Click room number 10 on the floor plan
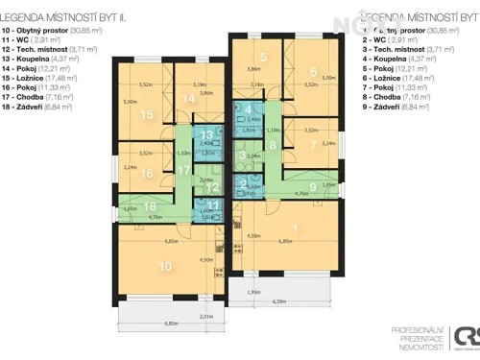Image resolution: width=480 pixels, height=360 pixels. tap(166, 265)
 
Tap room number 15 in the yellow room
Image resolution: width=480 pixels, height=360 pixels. tap(147, 114)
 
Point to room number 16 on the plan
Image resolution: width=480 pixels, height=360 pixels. tap(146, 173)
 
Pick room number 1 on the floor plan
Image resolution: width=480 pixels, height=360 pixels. tap(295, 227)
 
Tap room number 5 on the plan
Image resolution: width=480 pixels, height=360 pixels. tap(262, 58)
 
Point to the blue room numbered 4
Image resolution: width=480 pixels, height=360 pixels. tap(248, 109)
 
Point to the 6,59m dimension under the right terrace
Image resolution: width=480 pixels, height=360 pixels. tap(279, 302)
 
